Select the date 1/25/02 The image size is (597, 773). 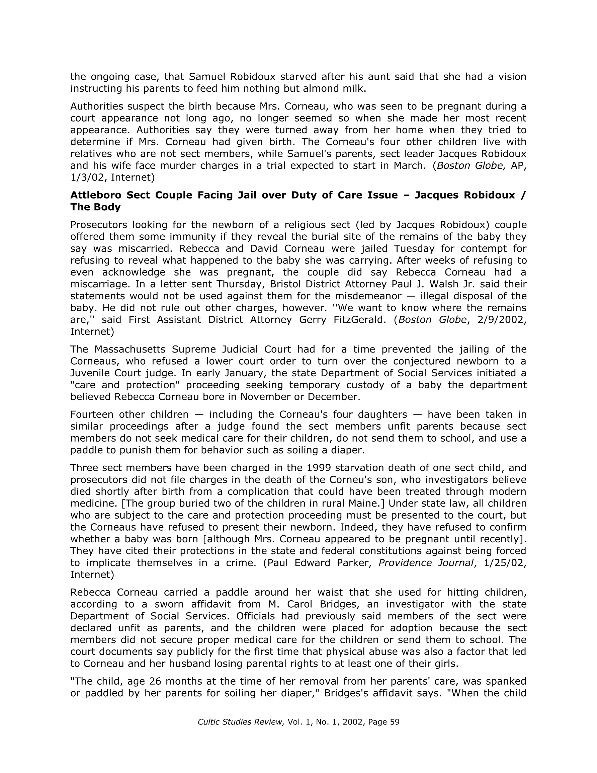click(x=505, y=563)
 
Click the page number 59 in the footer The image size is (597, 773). click(x=394, y=722)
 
